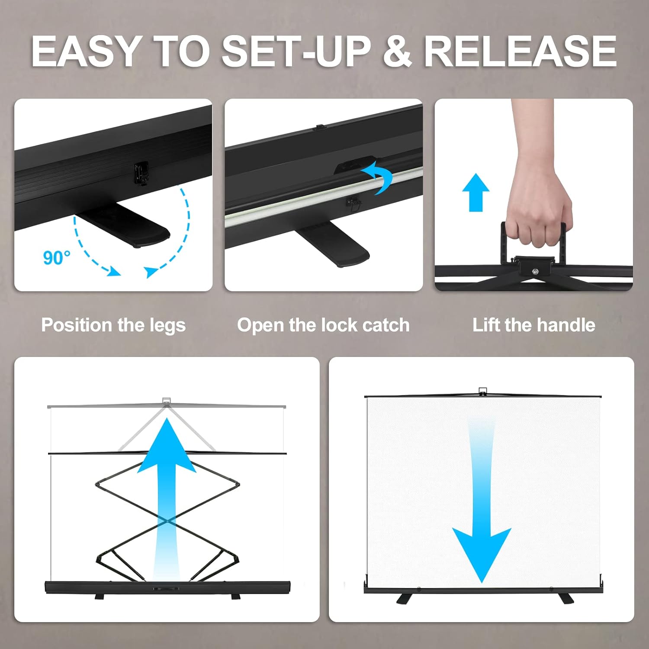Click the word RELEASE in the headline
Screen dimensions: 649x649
[x=520, y=51]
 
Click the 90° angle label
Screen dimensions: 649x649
[x=57, y=257]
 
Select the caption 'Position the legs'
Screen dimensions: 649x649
[x=113, y=325]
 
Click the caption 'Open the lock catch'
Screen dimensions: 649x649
[x=323, y=325]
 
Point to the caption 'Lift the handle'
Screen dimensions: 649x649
[x=533, y=325]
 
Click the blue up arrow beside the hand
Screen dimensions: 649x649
[x=476, y=193]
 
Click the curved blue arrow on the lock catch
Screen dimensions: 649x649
[x=377, y=177]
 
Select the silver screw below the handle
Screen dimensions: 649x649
[x=536, y=272]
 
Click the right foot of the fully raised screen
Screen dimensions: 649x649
[x=565, y=598]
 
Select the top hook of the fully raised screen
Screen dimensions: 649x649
[x=483, y=391]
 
